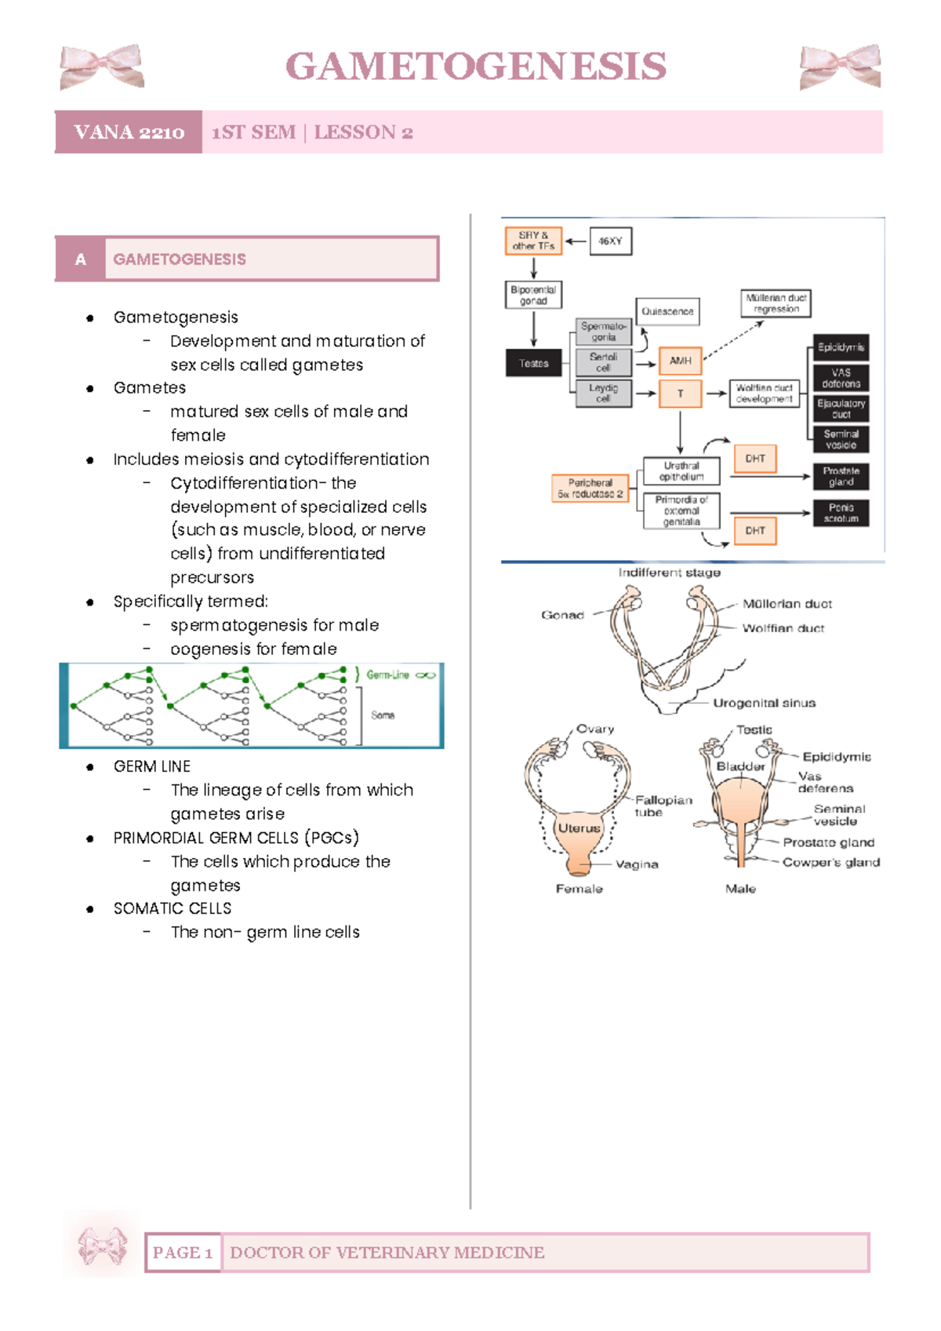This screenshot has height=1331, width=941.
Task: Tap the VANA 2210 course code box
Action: click(129, 132)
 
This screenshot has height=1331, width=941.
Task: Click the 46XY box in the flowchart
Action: click(609, 241)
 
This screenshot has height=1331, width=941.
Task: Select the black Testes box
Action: click(533, 363)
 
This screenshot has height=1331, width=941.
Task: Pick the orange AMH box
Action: click(680, 361)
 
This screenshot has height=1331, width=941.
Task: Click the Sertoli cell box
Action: click(602, 362)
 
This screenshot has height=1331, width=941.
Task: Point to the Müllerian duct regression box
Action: click(776, 304)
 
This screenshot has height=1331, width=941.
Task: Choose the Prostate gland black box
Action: click(841, 476)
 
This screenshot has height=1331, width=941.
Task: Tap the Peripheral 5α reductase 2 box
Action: click(590, 489)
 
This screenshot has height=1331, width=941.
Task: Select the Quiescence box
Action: click(667, 311)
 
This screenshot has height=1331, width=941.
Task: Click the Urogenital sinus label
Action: click(764, 703)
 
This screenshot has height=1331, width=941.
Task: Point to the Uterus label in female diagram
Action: click(579, 828)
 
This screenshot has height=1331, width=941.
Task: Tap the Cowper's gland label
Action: click(830, 862)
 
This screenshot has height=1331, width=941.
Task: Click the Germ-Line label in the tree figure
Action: click(387, 675)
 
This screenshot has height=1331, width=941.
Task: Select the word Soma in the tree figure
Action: click(383, 715)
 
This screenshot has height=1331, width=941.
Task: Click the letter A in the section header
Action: click(80, 259)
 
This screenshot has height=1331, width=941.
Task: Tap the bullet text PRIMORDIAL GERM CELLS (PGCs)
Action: click(236, 838)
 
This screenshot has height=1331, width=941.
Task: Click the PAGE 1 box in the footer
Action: click(183, 1253)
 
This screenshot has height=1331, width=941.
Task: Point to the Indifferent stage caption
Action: click(669, 573)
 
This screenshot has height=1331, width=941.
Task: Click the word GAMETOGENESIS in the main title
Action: click(476, 66)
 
